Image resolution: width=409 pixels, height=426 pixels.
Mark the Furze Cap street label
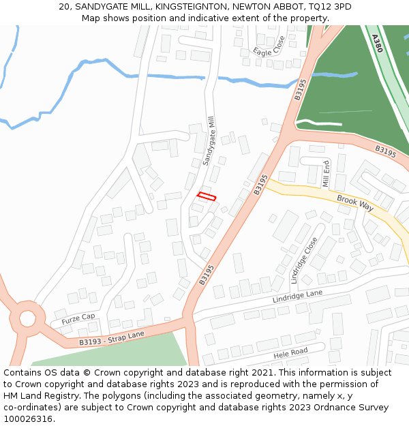tap(78, 318)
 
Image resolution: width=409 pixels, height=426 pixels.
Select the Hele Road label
tap(290, 352)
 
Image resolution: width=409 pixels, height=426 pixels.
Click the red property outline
tap(207, 197)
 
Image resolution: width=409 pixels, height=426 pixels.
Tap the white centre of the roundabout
tap(27, 318)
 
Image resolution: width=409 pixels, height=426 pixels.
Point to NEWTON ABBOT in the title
tap(261, 7)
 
